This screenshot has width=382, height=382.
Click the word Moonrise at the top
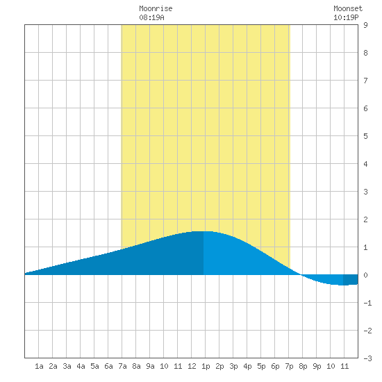click(156, 8)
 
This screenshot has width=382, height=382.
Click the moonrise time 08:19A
click(151, 17)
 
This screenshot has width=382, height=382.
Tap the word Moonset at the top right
click(348, 8)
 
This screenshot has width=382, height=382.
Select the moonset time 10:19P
click(346, 17)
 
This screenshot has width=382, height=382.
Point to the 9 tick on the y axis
click(365, 25)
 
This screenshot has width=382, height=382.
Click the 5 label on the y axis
click(365, 136)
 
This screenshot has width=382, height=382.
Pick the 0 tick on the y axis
click(365, 275)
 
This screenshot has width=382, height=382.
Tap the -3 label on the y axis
click(367, 358)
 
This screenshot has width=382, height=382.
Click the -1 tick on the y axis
click(367, 303)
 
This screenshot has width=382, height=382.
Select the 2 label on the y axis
click(365, 219)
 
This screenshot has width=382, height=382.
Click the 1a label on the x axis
click(39, 366)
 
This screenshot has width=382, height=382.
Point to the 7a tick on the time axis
click(122, 366)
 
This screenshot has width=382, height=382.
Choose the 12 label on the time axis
click(192, 366)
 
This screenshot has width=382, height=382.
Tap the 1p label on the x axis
click(206, 366)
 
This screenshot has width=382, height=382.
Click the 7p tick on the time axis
click(289, 366)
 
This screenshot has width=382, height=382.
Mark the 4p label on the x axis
click(247, 366)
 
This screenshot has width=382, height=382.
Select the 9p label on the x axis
click(317, 366)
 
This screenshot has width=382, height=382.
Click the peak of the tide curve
click(204, 231)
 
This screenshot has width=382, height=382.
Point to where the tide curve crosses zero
click(301, 275)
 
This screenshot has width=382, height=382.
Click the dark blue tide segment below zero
click(351, 280)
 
